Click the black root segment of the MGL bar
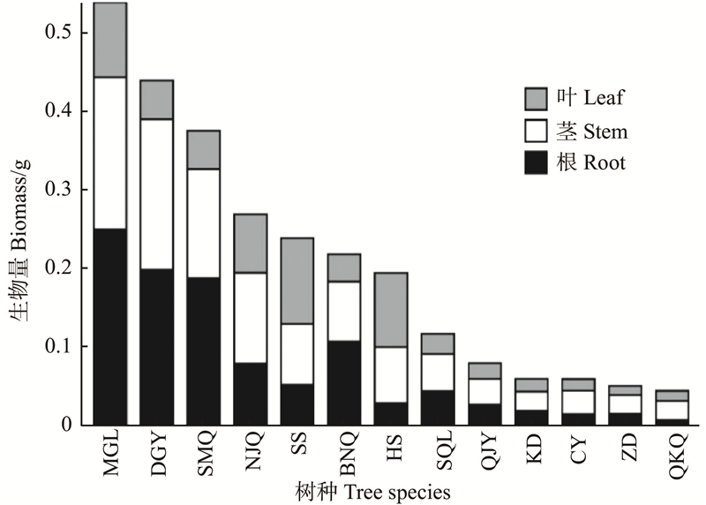110,327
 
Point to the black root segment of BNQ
343,382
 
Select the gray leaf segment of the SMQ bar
204,149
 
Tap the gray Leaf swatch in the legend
537,98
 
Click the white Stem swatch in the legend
537,132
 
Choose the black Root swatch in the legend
537,162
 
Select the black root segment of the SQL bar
437,407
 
